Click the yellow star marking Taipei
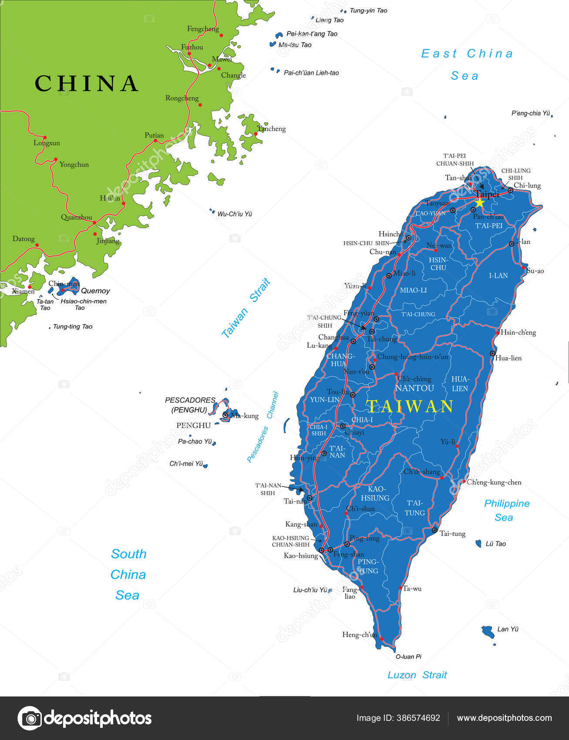point(480,202)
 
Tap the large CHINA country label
point(86,83)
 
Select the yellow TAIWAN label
point(410,406)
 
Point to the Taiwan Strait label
point(246,308)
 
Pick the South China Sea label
point(128,575)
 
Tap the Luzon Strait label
point(417,675)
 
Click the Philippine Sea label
point(506,510)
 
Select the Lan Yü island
point(488,631)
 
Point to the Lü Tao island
point(478,543)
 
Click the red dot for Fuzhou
point(189,54)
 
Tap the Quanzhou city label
point(77,217)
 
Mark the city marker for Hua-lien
point(493,353)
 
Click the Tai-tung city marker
point(434,530)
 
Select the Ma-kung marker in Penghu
point(225,415)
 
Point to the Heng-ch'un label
point(360,635)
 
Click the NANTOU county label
point(415,388)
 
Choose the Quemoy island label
point(95,291)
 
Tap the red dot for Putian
point(155,141)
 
